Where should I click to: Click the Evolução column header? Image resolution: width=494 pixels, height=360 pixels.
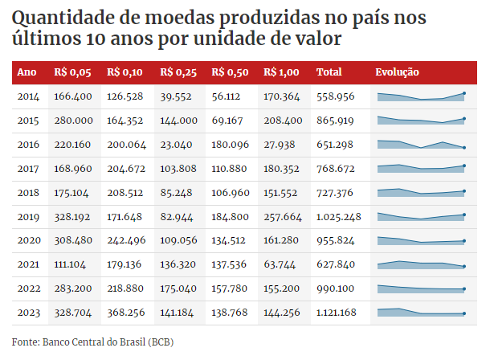(397, 72)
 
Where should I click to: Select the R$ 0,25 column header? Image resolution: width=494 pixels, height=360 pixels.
(178, 72)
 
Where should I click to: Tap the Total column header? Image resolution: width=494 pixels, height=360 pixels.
(329, 72)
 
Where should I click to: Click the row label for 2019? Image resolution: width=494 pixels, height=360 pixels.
(28, 217)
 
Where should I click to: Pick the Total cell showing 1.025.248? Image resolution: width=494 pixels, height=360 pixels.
(339, 217)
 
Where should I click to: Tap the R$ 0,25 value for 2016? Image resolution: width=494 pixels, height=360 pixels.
(176, 145)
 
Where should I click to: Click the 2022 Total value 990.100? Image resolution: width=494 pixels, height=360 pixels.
(336, 289)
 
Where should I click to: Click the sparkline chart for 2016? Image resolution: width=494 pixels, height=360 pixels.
(420, 145)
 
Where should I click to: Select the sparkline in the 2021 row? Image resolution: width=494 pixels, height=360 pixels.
(420, 264)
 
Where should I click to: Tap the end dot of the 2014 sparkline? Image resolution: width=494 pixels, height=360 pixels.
(463, 93)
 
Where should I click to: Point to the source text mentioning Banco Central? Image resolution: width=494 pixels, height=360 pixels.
(92, 342)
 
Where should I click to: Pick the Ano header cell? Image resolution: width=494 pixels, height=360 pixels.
(27, 72)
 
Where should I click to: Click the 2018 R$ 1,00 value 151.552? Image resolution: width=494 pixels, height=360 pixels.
(281, 193)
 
